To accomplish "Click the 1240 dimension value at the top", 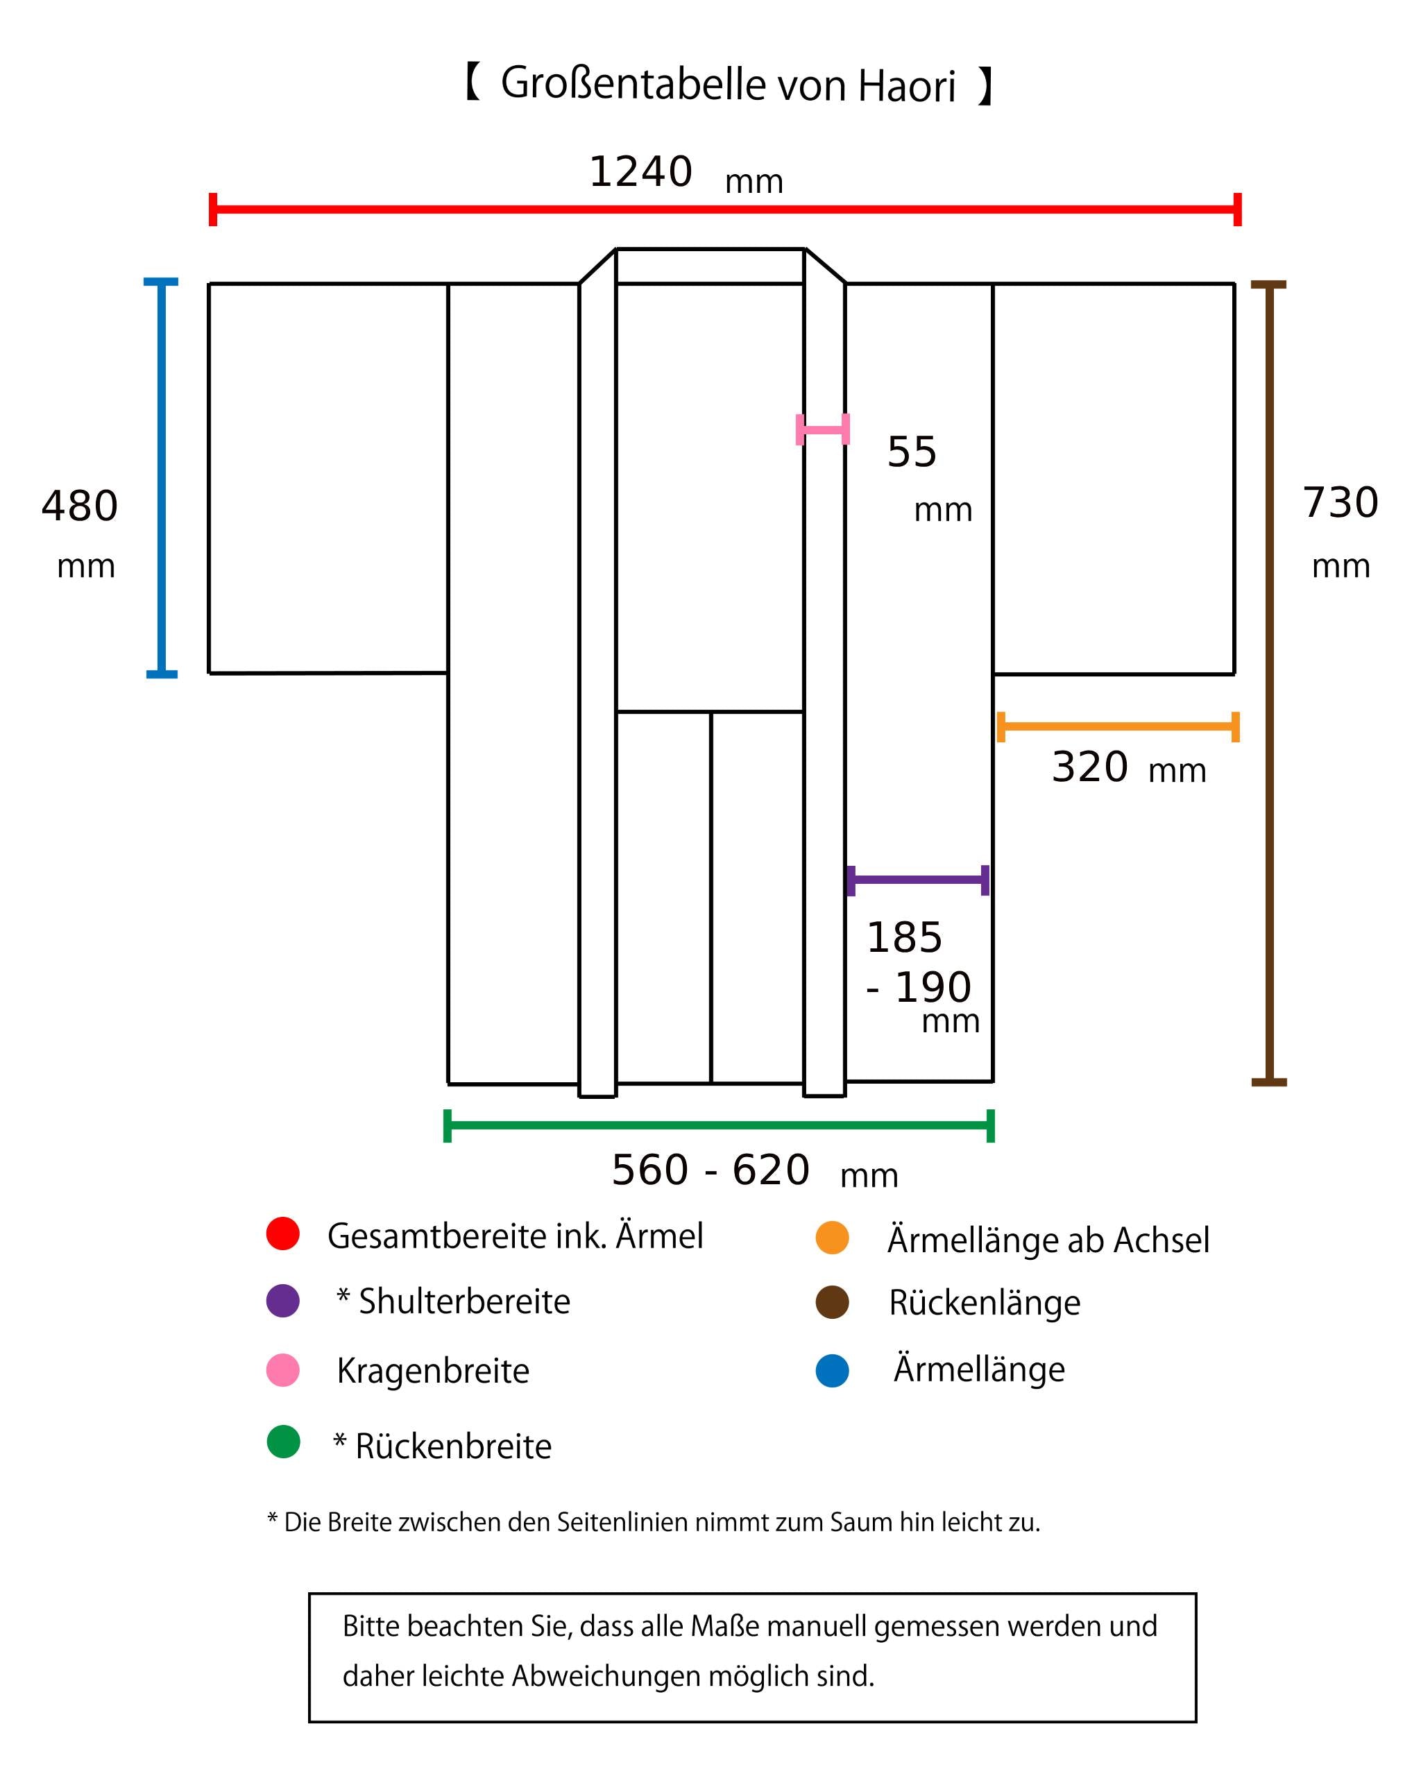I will (x=640, y=172).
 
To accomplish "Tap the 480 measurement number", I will (x=80, y=506).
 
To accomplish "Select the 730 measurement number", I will (x=1341, y=502).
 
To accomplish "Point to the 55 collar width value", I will (x=912, y=452).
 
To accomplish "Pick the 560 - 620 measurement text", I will (x=710, y=1170).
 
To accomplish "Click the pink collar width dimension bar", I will (x=822, y=429).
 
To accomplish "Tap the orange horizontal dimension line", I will (x=1118, y=726).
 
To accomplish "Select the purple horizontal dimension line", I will (x=918, y=880).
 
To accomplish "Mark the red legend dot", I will (x=282, y=1233).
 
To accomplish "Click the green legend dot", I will (x=283, y=1442).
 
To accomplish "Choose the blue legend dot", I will (x=832, y=1371).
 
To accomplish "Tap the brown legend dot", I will (x=832, y=1302).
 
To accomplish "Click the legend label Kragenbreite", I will (x=432, y=1372).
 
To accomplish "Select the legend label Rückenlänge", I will (x=985, y=1302).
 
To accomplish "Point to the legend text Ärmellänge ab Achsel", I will (x=1048, y=1240).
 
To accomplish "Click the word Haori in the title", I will (x=906, y=85).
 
